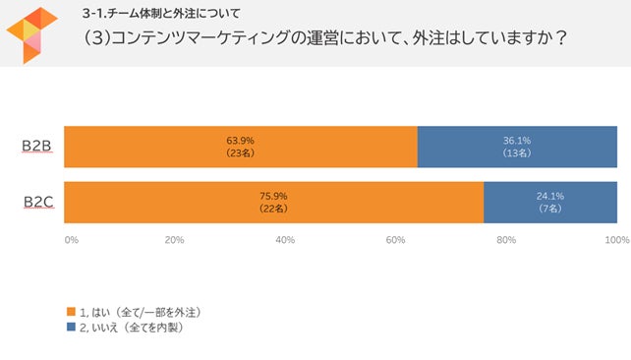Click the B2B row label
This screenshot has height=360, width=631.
pos(37,147)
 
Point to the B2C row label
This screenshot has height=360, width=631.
pos(37,203)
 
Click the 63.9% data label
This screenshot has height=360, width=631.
pos(241,141)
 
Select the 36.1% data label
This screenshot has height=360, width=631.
pos(517,141)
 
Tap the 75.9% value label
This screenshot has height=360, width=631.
pos(273,197)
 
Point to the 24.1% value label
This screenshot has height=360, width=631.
pos(550,197)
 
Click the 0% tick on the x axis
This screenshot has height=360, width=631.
pos(71,239)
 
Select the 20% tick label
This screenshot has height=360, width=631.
pos(175,239)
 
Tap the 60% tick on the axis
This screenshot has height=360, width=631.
pos(396,239)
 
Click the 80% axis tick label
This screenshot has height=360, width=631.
pos(507,239)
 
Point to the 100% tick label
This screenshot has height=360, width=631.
pos(616,239)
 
